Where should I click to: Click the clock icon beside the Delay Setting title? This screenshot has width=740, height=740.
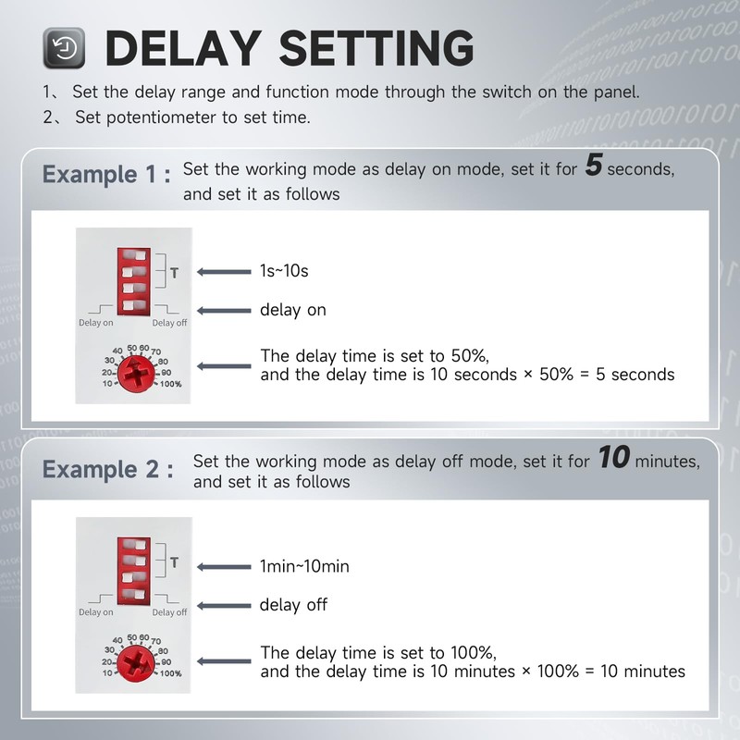coord(65,46)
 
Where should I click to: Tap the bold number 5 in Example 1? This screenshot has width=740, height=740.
coord(594,167)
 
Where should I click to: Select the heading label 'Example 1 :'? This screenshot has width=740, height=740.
coord(106,175)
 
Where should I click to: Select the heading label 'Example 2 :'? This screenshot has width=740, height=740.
coord(106,469)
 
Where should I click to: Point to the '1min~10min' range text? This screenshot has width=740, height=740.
coord(304,565)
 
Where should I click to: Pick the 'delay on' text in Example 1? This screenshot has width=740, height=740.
coord(292,310)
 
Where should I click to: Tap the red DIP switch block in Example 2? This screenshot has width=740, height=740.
coord(134,573)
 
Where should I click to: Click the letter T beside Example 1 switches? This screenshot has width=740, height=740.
coord(174,273)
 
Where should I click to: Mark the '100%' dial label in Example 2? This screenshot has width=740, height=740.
coord(170,672)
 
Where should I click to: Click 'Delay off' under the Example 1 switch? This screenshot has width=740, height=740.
coord(169,323)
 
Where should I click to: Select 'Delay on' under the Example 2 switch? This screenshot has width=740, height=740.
coord(96,612)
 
